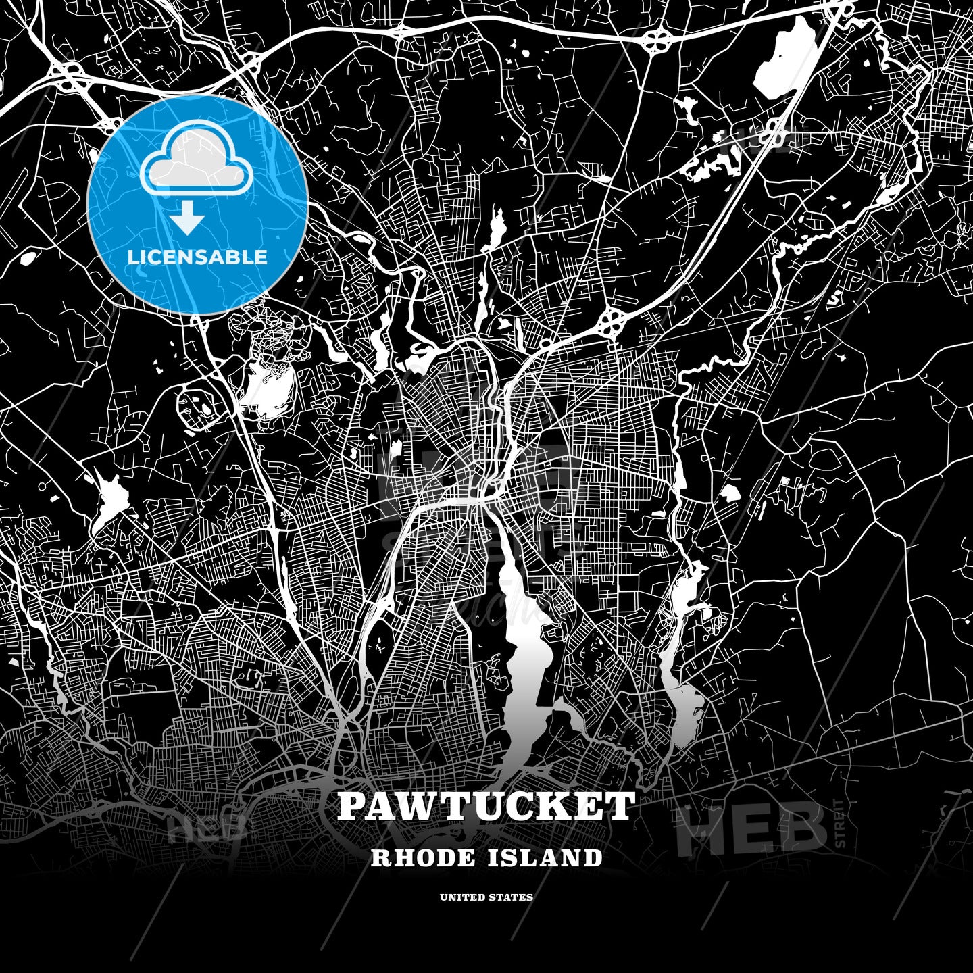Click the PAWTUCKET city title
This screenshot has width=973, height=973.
[487, 806]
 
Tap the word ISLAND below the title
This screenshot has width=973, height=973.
[544, 858]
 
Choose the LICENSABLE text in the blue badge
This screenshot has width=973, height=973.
[197, 257]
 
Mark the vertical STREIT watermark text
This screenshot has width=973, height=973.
[840, 823]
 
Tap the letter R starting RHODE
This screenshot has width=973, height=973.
[380, 858]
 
